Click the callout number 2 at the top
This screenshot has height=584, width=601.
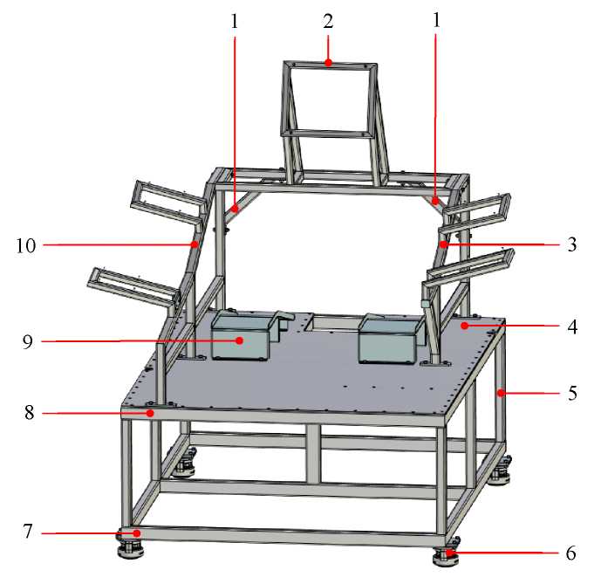click(x=328, y=22)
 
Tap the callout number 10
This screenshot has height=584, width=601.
click(x=25, y=245)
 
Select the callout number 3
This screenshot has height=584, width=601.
click(x=571, y=244)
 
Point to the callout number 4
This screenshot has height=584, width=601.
click(x=572, y=326)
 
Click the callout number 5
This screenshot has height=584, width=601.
click(x=572, y=393)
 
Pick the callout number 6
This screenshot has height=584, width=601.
click(x=571, y=553)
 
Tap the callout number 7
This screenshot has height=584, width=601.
click(x=28, y=532)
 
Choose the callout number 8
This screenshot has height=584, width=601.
click(x=29, y=413)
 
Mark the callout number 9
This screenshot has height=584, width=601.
click(x=28, y=341)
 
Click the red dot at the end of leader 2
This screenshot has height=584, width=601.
click(x=328, y=63)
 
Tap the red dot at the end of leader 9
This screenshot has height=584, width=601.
click(x=240, y=340)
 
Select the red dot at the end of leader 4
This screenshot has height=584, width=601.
click(x=465, y=326)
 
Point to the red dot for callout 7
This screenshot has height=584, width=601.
click(x=136, y=533)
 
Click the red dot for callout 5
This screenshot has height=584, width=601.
click(x=501, y=393)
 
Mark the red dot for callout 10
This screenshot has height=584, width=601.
click(x=195, y=244)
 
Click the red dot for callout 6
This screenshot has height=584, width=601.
click(x=449, y=553)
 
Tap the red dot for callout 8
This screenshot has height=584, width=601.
click(x=151, y=413)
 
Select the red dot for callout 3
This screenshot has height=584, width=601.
click(x=443, y=244)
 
